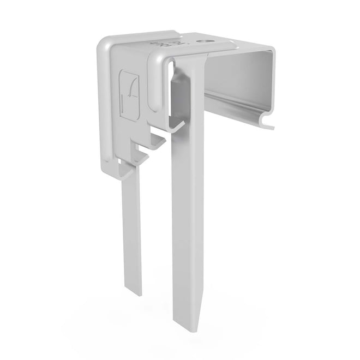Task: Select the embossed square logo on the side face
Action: (130, 95)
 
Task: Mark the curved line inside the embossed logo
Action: (131, 93)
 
